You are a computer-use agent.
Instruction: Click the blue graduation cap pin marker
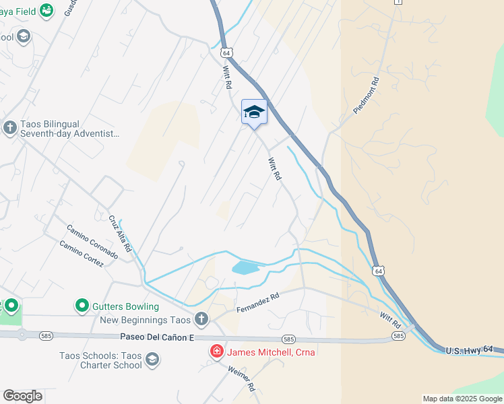[x=254, y=112]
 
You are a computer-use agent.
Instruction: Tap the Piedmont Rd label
[x=367, y=95]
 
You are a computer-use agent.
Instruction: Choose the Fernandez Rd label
[x=257, y=302]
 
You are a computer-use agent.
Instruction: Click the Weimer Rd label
[x=242, y=378]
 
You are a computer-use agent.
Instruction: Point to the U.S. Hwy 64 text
[x=474, y=349]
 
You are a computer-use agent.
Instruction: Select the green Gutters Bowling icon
[x=82, y=306]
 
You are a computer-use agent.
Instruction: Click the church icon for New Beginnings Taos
[x=201, y=318]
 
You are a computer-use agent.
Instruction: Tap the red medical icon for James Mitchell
[x=217, y=351]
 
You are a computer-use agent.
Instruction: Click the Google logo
[x=22, y=396]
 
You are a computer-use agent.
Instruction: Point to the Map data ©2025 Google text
[x=462, y=399]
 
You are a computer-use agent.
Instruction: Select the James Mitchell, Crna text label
[x=271, y=351]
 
